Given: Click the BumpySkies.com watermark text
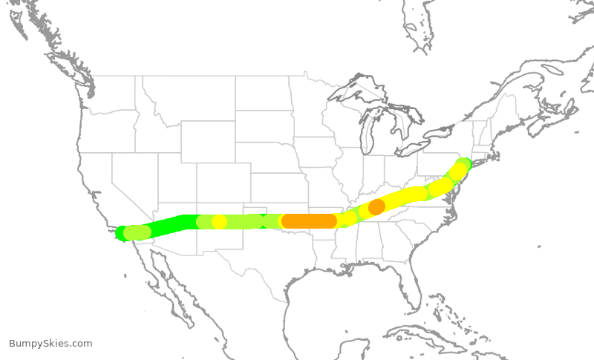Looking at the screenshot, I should pyautogui.click(x=50, y=344).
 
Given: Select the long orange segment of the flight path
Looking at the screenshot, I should pyautogui.click(x=309, y=220).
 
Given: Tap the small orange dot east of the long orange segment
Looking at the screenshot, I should pyautogui.click(x=376, y=206).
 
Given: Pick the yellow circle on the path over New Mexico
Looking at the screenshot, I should pyautogui.click(x=219, y=221).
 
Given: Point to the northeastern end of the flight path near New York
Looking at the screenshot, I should pyautogui.click(x=463, y=164).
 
